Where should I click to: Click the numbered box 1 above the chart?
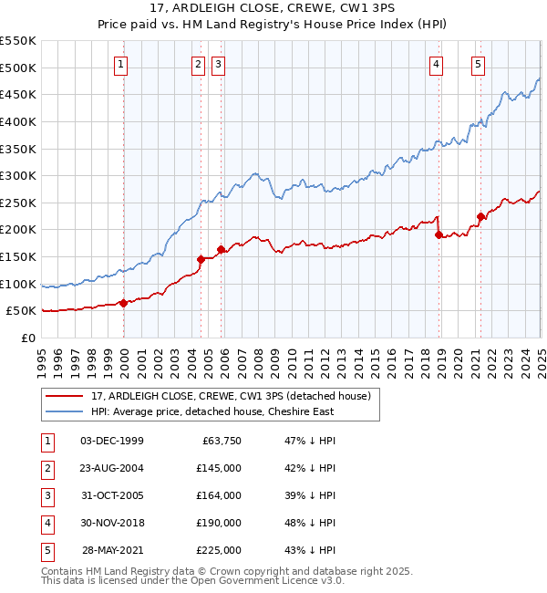pyautogui.click(x=121, y=64)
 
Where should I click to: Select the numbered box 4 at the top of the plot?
pyautogui.click(x=437, y=64)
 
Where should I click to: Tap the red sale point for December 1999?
pyautogui.click(x=123, y=303)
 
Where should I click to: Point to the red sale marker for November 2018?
pyautogui.click(x=439, y=234)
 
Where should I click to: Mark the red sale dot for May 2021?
pyautogui.click(x=480, y=216)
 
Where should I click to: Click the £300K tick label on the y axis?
pyautogui.click(x=18, y=175)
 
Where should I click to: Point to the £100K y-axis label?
pyautogui.click(x=18, y=284)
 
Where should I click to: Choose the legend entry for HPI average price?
pyautogui.click(x=212, y=411)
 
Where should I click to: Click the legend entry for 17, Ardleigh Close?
pyautogui.click(x=230, y=396)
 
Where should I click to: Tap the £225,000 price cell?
pyautogui.click(x=219, y=550)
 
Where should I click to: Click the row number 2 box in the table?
pyautogui.click(x=46, y=468)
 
